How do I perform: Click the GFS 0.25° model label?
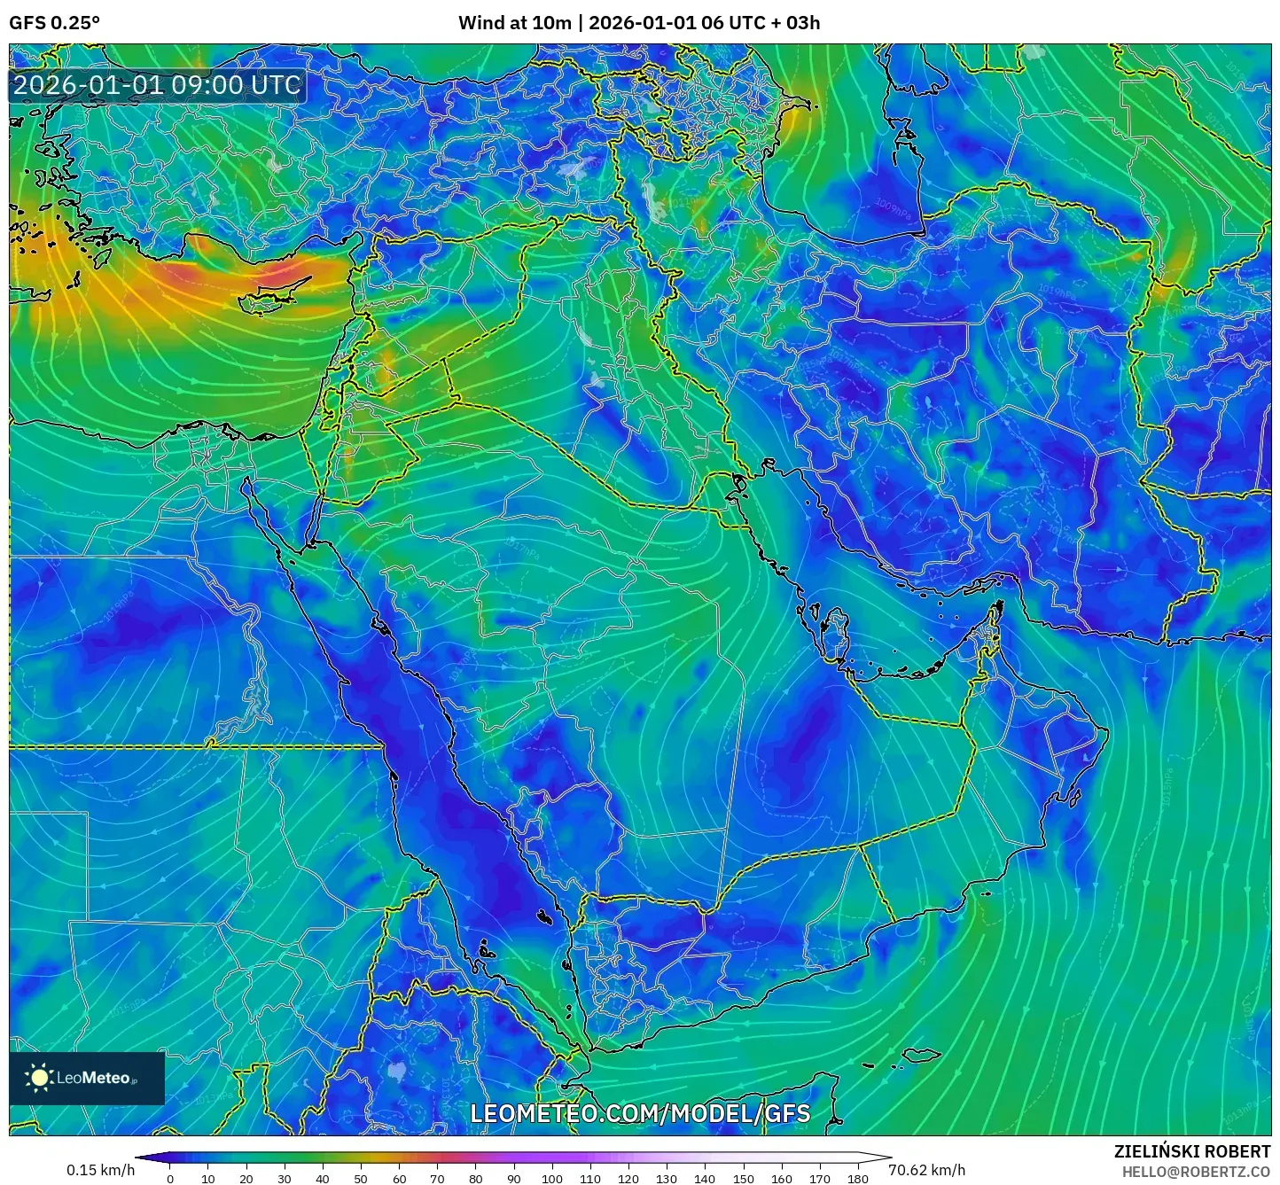(x=54, y=23)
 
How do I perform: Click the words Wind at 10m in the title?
(x=514, y=23)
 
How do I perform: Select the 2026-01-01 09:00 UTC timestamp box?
(x=157, y=86)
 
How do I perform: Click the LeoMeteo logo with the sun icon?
(x=86, y=1078)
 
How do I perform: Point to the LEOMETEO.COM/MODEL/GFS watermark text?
(x=639, y=1114)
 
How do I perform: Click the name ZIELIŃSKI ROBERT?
(x=1191, y=1151)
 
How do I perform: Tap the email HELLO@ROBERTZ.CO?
(x=1195, y=1172)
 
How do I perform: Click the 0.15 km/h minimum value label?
(x=100, y=1170)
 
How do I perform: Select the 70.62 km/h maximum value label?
(x=926, y=1170)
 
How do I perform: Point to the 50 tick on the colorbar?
(x=361, y=1178)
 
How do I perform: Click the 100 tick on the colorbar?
(x=552, y=1178)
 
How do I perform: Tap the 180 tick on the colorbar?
(x=857, y=1178)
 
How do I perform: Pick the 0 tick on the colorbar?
(x=170, y=1178)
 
